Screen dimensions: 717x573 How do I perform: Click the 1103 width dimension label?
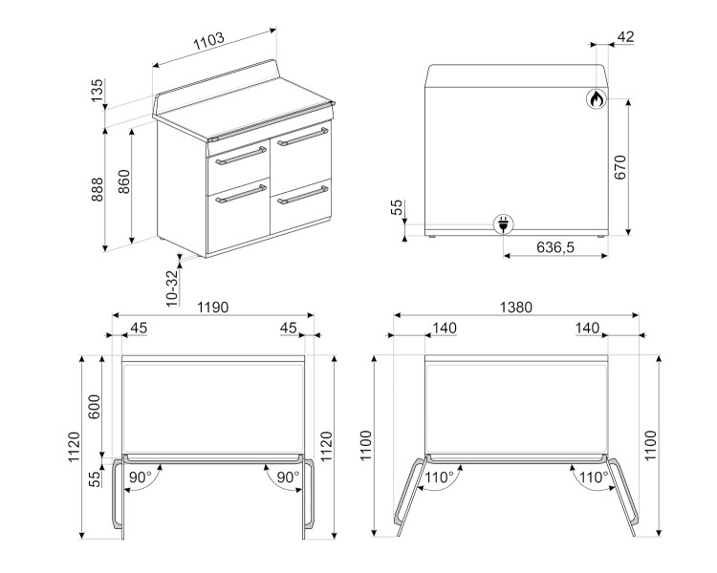click(x=209, y=41)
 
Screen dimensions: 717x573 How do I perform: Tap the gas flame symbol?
click(x=597, y=98)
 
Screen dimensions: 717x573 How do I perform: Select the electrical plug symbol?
click(x=503, y=224)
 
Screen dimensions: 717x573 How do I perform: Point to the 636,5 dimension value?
click(x=555, y=247)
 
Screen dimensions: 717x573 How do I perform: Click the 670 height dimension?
click(x=620, y=167)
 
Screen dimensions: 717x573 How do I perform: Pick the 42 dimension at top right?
click(x=625, y=36)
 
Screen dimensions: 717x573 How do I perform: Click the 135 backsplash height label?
click(x=98, y=91)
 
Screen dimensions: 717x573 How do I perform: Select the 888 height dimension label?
click(x=98, y=189)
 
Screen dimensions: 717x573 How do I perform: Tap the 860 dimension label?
click(x=124, y=181)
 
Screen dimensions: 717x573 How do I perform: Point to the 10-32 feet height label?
click(x=171, y=287)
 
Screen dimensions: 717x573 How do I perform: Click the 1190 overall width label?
click(x=212, y=308)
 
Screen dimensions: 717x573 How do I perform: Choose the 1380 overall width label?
click(x=516, y=308)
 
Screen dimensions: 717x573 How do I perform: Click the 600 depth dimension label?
click(x=95, y=406)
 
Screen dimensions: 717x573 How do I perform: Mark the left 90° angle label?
click(x=140, y=477)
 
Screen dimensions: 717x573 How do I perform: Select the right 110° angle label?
click(x=594, y=477)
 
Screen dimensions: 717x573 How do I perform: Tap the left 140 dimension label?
click(x=445, y=328)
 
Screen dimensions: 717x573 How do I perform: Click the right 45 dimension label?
click(x=288, y=328)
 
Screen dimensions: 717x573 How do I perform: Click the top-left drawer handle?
click(x=241, y=156)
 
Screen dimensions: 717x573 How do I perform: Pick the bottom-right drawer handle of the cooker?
click(x=303, y=195)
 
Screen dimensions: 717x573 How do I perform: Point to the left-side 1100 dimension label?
click(x=366, y=446)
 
